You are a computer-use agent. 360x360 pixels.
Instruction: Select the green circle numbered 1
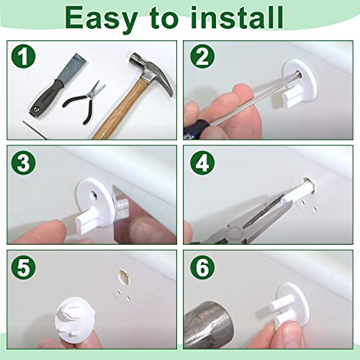coord(23,57)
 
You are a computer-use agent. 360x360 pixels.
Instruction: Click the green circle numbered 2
coord(202,57)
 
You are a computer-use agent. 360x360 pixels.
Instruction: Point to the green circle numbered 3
coord(23,163)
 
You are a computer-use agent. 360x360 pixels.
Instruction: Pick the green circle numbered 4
coord(202,163)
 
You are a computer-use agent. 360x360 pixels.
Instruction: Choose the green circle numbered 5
coord(23,267)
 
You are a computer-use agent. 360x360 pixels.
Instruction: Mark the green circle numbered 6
coord(202,267)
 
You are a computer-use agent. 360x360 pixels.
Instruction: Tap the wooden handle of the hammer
coord(117,109)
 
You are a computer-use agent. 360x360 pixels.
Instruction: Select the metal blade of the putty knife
coord(71,68)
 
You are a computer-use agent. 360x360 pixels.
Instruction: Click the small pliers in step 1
coord(84,102)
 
